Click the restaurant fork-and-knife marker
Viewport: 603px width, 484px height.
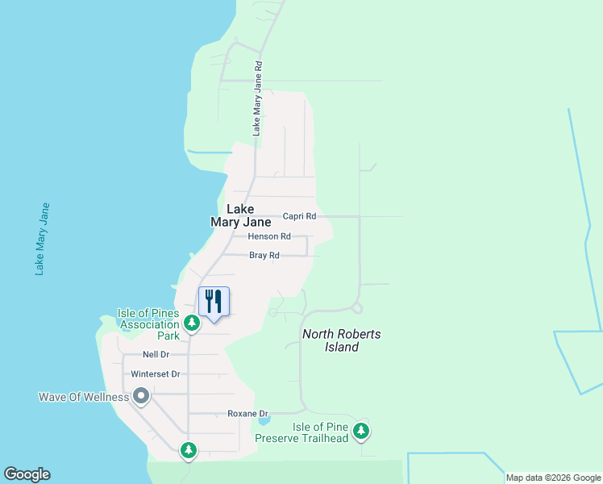[x=214, y=302]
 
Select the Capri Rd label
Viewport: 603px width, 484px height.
[x=299, y=216]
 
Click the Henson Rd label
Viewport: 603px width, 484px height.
[x=269, y=236]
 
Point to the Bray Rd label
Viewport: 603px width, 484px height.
[x=264, y=256]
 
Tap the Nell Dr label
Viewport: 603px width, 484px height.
[x=156, y=354]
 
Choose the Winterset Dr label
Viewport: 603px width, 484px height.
[x=155, y=374]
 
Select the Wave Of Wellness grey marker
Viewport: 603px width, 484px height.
[x=141, y=396]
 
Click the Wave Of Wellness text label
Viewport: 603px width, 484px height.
[x=84, y=397]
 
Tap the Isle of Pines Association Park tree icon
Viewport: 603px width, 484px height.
[x=191, y=323]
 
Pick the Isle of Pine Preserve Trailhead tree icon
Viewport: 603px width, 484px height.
[x=361, y=432]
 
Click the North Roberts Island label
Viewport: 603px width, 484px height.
[x=342, y=340]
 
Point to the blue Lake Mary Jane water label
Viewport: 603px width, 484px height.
[x=43, y=239]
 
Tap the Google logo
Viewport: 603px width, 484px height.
[x=27, y=474]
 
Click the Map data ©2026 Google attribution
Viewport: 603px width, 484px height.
[x=553, y=478]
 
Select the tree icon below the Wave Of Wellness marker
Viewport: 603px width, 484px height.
[x=189, y=449]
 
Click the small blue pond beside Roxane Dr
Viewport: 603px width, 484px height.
[x=264, y=419]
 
